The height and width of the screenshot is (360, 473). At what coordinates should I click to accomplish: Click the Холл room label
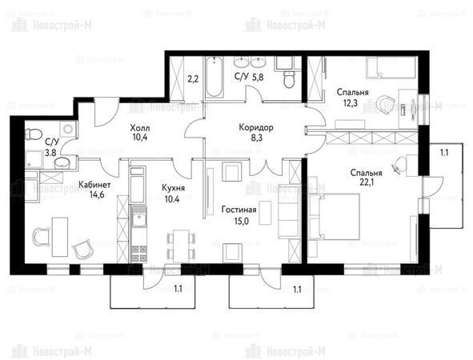(140, 128)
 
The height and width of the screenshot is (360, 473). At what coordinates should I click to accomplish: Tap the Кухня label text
(173, 188)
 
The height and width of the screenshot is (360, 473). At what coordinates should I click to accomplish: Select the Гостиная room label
(239, 210)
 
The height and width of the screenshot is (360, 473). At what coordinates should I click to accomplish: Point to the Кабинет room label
(94, 185)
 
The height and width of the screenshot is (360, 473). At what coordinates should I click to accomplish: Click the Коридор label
(256, 127)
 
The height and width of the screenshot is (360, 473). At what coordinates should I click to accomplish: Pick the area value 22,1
(367, 182)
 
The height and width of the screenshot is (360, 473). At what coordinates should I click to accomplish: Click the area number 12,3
(351, 103)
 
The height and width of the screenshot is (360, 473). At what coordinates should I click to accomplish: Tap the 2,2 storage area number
(193, 79)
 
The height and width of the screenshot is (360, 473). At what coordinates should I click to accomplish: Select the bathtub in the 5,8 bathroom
(214, 77)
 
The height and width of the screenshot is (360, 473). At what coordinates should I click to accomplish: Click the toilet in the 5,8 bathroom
(289, 79)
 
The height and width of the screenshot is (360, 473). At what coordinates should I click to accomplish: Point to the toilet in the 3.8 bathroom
(34, 134)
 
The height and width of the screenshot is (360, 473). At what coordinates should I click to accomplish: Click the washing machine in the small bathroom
(68, 129)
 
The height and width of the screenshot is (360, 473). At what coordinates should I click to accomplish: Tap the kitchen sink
(138, 216)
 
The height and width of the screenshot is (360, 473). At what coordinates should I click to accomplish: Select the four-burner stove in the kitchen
(138, 254)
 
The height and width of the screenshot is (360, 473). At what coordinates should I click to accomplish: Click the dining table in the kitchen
(181, 245)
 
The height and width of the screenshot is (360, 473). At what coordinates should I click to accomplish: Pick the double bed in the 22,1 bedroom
(335, 217)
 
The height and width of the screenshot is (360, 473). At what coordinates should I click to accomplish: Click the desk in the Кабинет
(60, 237)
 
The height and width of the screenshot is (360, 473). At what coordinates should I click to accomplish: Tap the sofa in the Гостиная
(289, 211)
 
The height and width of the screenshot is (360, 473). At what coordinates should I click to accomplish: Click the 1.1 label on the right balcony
(444, 153)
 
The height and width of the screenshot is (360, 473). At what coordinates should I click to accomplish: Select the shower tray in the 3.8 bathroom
(34, 159)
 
